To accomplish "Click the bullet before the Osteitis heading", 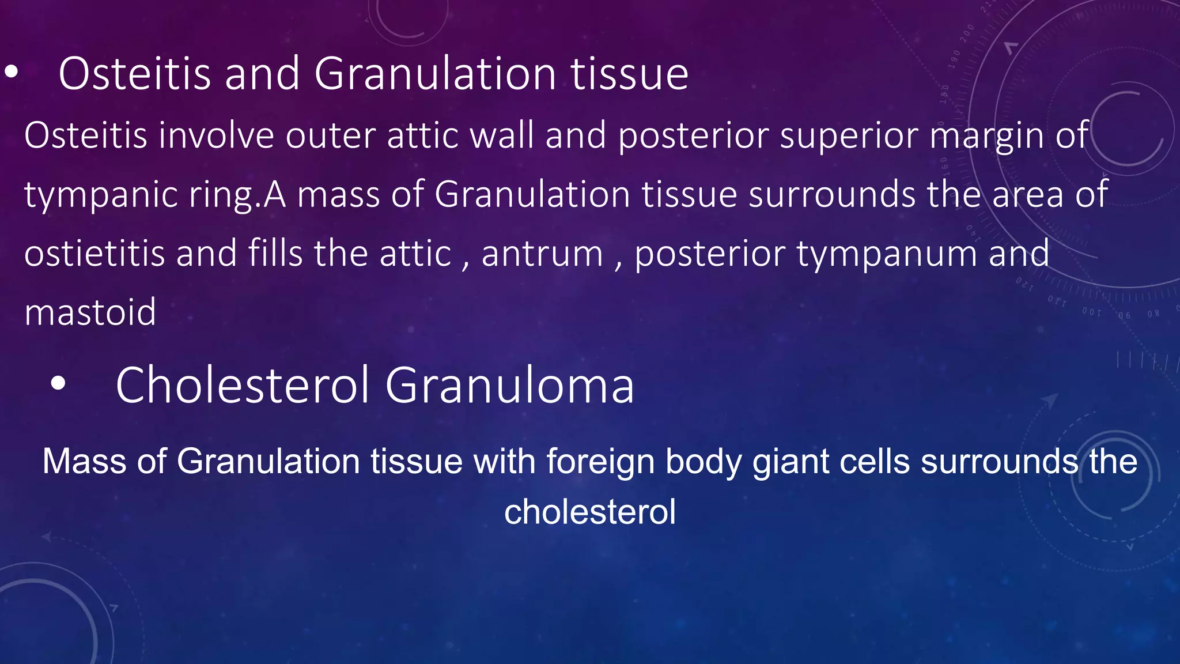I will point(11,73).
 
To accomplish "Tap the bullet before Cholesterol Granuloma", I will point(58,384).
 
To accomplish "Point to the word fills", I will point(275,254).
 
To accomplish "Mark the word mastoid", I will point(90,312).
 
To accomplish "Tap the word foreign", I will point(599,462).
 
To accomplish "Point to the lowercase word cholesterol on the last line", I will point(589,512).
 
